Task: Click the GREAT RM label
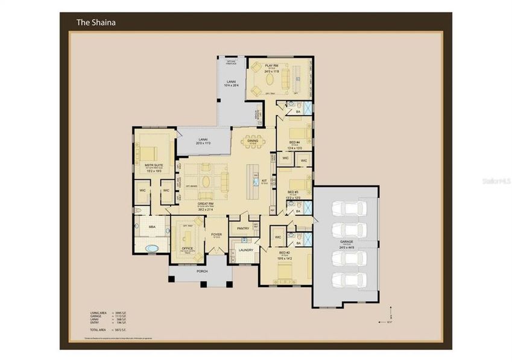[x=206, y=204]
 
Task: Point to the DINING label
[x=252, y=141]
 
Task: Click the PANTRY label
[x=243, y=229]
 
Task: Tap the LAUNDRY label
[x=245, y=250]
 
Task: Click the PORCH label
[x=202, y=271]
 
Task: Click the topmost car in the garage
[x=346, y=209]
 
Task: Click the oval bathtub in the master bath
[x=150, y=248]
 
